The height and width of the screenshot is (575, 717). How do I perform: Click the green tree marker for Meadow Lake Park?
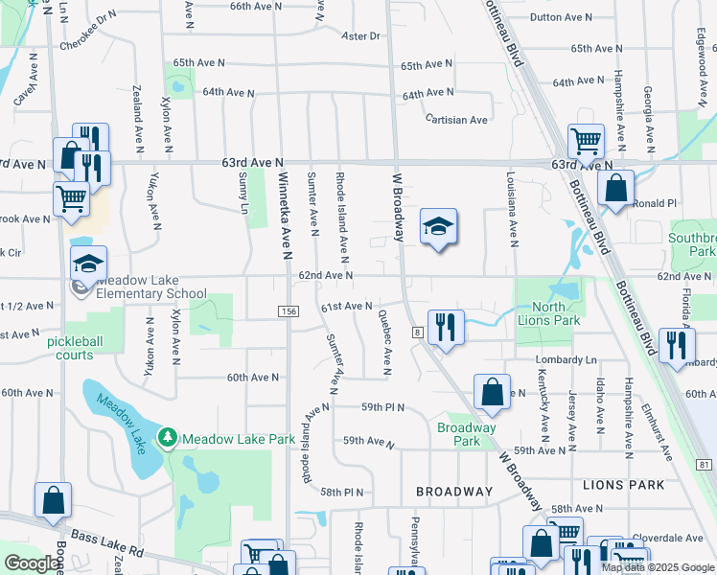pos(169,438)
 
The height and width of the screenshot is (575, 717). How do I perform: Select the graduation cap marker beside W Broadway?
pos(438,227)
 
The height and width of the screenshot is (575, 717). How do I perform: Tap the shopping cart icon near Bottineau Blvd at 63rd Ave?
pos(585,142)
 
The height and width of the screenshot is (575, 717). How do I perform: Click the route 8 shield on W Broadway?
pos(418,332)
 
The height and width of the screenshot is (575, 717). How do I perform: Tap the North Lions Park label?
pos(550,314)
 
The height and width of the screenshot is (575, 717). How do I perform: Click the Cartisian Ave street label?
pos(457,120)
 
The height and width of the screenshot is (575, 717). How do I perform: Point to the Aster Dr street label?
pos(361,36)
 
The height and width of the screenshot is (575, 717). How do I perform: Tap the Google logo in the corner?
pos(31,563)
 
